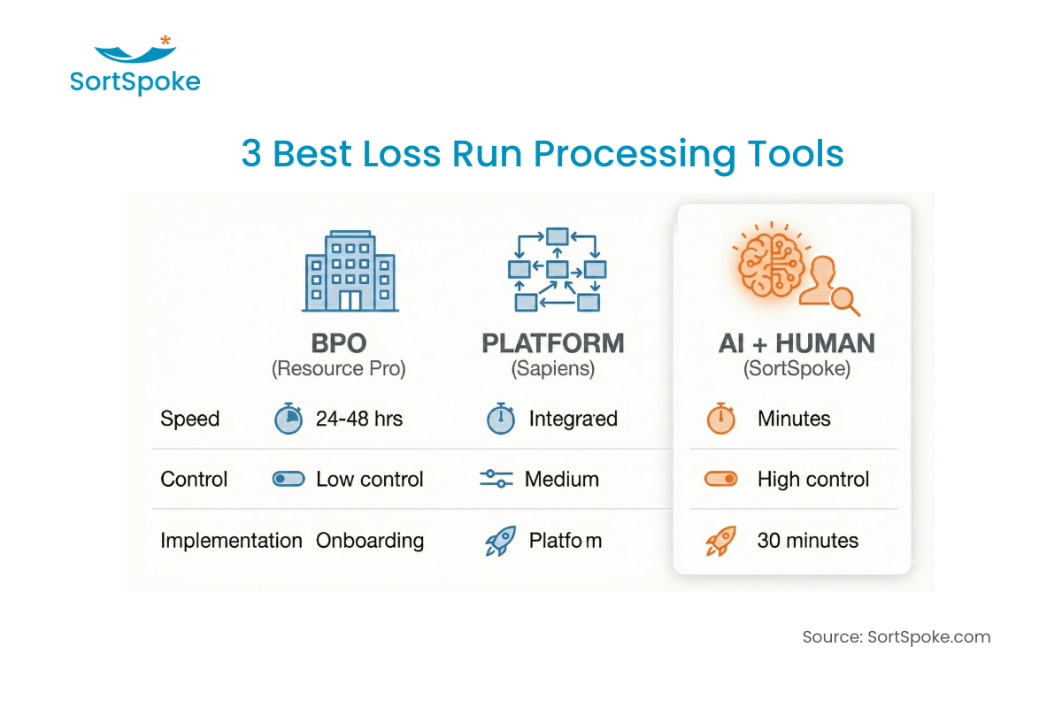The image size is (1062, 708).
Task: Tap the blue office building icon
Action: (350, 271)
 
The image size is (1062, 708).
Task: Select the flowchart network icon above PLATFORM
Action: (556, 270)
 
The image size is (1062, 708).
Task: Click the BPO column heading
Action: (338, 343)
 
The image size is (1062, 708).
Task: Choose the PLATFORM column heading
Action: (553, 343)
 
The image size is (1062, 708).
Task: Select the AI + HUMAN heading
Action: (796, 343)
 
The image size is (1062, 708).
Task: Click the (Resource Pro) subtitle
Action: (338, 369)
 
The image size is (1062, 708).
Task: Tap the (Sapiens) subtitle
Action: (553, 369)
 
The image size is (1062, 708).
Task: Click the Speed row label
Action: (189, 419)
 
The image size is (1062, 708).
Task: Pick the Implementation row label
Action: (231, 540)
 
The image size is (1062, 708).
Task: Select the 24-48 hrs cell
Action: (358, 419)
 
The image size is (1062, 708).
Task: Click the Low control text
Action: (369, 479)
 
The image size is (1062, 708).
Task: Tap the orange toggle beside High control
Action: (721, 479)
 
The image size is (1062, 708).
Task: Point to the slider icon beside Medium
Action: (496, 479)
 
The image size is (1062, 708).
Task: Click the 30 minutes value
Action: (807, 540)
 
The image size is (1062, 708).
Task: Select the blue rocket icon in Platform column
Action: (500, 541)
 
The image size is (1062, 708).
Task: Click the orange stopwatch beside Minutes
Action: (721, 418)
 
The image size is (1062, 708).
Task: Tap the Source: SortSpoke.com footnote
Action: (896, 636)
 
